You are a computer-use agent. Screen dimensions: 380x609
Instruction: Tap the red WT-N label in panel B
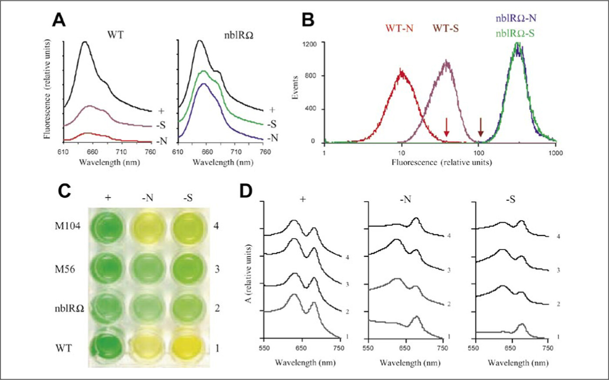coord(398,29)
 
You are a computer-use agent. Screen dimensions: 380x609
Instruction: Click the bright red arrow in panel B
coord(446,126)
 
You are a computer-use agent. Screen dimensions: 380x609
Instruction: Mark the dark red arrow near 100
coord(481,126)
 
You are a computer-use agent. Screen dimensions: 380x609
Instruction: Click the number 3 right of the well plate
coord(217,269)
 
